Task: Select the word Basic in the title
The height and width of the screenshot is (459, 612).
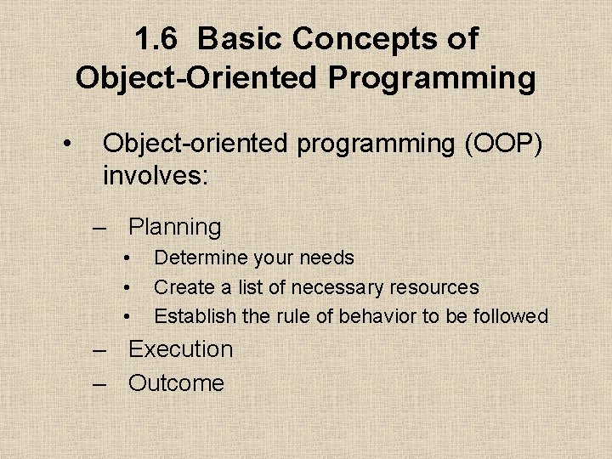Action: (x=242, y=39)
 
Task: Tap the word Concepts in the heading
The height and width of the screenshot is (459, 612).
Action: (x=371, y=39)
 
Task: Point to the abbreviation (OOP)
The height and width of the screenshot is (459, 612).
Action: (x=502, y=144)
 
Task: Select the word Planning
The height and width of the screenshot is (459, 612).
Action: (x=174, y=227)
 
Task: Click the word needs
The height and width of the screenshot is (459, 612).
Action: (x=325, y=258)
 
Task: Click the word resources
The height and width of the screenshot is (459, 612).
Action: (x=434, y=287)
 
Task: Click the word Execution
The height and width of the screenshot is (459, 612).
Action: (x=180, y=349)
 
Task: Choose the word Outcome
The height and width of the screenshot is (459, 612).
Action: (x=176, y=383)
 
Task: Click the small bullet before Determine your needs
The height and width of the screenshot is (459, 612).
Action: (x=126, y=258)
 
